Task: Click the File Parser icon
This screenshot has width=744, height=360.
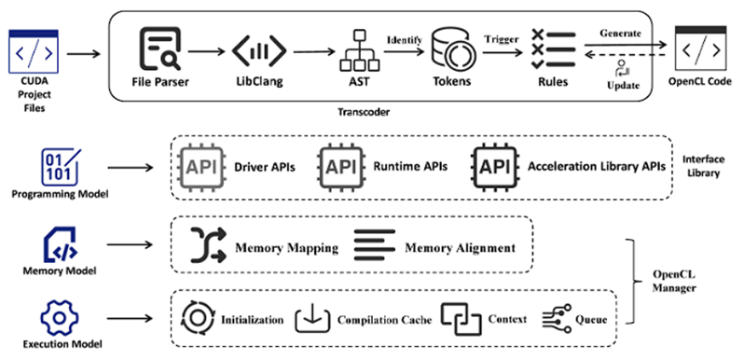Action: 160,49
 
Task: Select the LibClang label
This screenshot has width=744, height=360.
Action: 259,82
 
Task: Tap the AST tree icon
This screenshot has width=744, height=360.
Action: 360,50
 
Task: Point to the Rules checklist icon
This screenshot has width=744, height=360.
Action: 554,49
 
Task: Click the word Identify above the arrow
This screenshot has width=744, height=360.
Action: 405,40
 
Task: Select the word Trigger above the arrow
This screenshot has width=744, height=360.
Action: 502,39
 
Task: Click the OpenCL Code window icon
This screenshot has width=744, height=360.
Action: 700,48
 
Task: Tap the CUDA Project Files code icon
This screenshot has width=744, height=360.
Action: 34,51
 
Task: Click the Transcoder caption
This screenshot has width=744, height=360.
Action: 364,112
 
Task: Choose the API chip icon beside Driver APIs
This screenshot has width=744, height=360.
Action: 201,167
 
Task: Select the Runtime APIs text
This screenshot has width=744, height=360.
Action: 410,166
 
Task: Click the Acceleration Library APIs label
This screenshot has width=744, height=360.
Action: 597,166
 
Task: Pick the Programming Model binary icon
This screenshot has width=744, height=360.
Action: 62,167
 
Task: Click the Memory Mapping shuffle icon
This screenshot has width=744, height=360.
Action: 208,245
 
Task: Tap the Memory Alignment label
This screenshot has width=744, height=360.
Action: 460,248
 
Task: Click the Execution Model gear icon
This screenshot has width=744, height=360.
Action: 60,318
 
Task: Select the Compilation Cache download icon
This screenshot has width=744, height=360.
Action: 312,319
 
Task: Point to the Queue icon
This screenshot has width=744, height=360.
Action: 556,319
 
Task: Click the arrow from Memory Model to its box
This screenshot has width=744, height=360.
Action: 130,244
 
